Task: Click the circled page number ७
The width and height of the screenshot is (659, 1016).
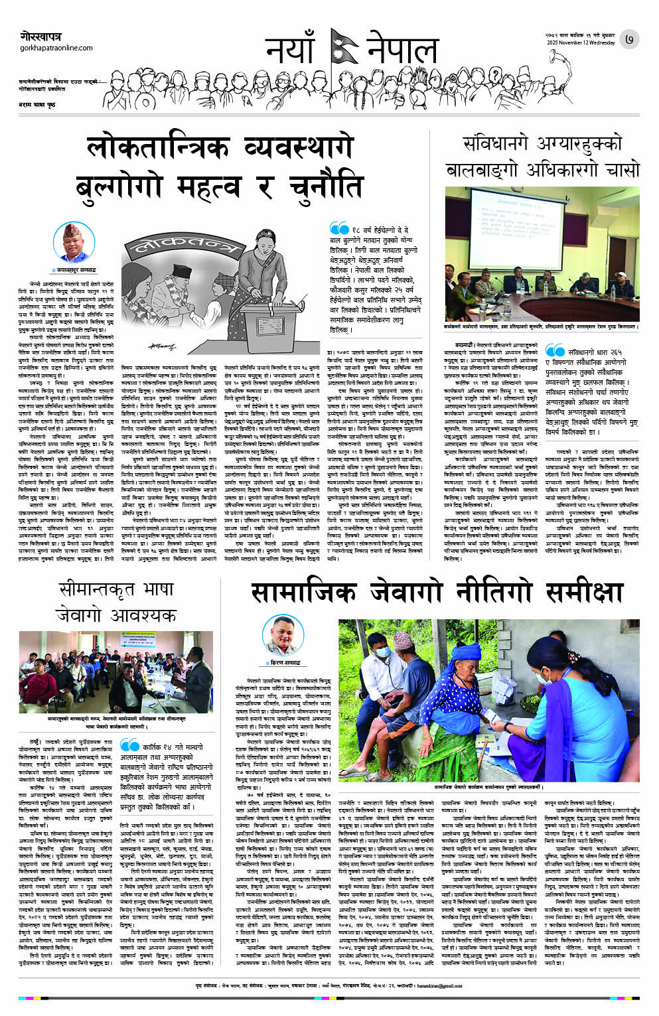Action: pos(628,40)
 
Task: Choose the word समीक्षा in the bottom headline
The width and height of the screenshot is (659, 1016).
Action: pos(585,591)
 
